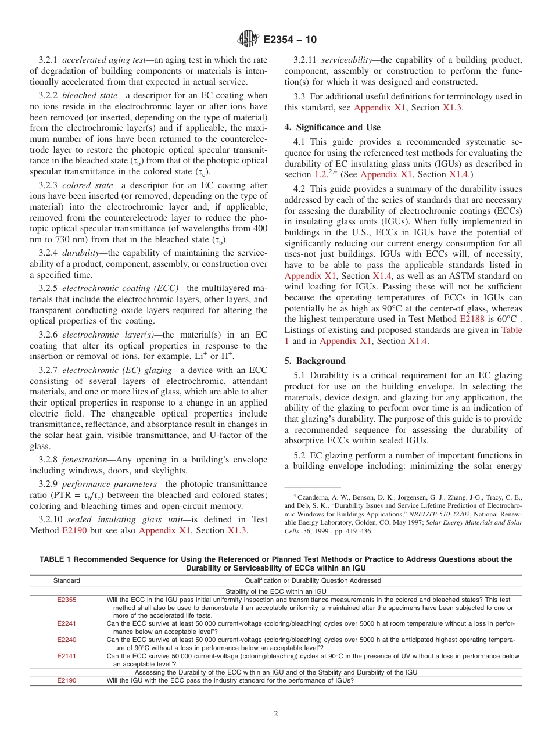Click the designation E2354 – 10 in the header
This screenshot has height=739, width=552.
tap(290, 40)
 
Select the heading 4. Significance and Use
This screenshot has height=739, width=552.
tap(332, 127)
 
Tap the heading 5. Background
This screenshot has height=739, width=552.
tap(315, 361)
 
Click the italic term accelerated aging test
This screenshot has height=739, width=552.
tap(106, 60)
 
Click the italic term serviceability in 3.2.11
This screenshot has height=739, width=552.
tap(348, 60)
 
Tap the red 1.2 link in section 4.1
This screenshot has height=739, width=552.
tap(321, 174)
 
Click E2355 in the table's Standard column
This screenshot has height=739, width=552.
tap(66, 600)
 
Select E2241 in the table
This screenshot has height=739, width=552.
tap(66, 623)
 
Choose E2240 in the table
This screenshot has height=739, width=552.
tap(66, 640)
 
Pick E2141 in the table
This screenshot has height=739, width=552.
tap(66, 656)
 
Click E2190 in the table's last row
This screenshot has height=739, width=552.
tap(66, 680)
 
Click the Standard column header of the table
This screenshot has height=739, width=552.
tap(66, 580)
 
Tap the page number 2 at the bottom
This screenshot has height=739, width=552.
tap(276, 714)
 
